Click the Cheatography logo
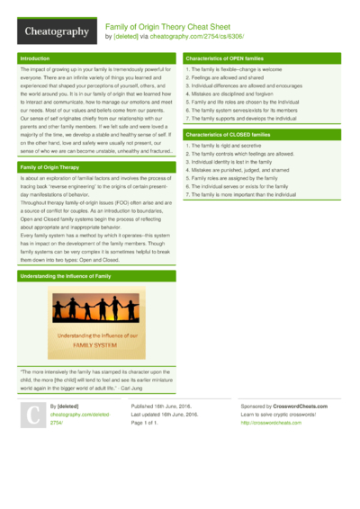55,31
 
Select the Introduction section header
36,58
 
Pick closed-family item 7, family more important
240,194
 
